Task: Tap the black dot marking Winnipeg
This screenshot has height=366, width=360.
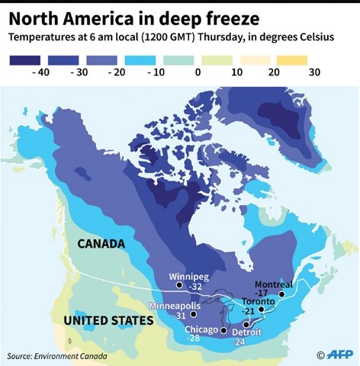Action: pos(178,285)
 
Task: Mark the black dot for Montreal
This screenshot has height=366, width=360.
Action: pos(281,293)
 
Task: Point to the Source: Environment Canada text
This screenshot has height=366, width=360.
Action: pos(57,355)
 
